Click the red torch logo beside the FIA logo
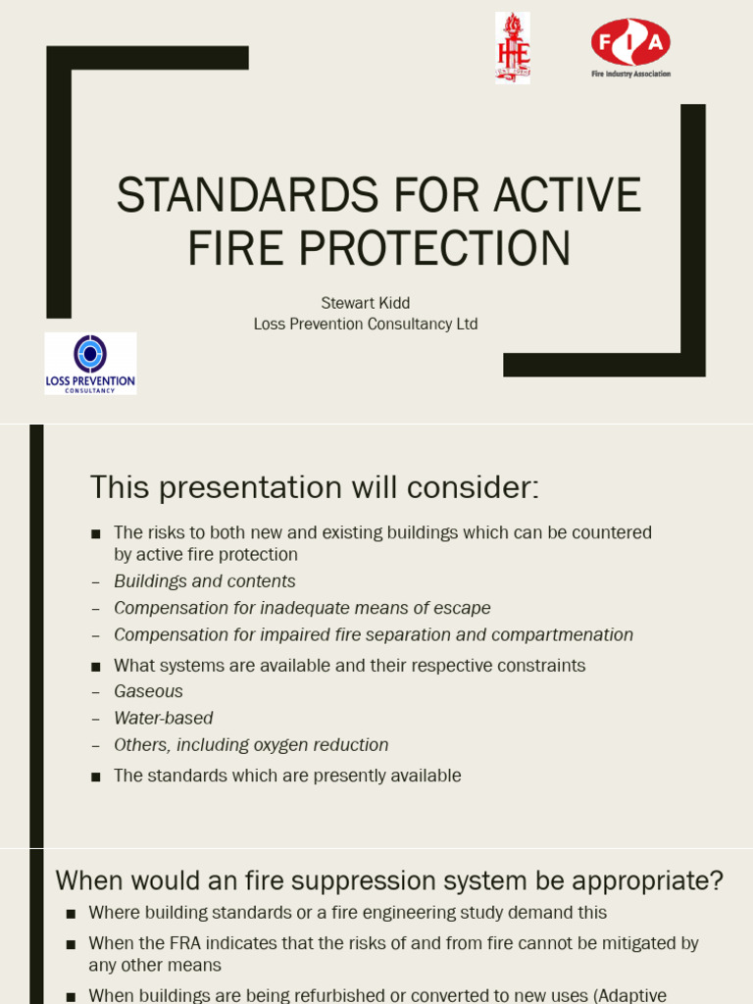pos(512,47)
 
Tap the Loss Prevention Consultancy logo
pos(90,364)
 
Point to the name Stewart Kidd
pos(365,303)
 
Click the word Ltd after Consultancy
pos(467,324)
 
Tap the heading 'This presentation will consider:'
pos(315,486)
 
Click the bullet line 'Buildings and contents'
pos(204,581)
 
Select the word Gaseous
pos(148,691)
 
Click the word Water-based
pos(163,719)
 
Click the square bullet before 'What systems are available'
pos(96,667)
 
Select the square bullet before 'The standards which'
pos(96,777)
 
